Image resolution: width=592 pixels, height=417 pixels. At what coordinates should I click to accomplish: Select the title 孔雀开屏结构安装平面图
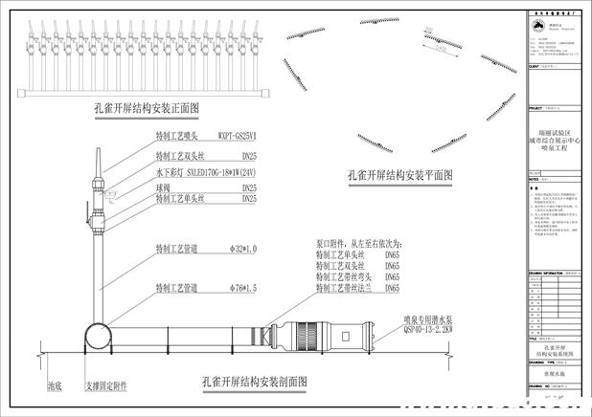coord(399,175)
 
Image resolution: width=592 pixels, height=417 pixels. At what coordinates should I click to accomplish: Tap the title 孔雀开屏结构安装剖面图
coord(255,380)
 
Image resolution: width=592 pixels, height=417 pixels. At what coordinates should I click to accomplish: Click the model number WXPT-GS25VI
coord(238,137)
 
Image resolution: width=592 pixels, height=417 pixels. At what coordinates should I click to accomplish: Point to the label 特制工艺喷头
coord(177,137)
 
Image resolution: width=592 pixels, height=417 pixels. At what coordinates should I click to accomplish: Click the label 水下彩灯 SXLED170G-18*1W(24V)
coord(205,174)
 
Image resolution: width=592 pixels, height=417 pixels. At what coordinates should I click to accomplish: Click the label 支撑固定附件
coord(106,388)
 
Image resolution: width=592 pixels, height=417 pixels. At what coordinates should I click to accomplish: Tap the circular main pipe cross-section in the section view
coord(99,339)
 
